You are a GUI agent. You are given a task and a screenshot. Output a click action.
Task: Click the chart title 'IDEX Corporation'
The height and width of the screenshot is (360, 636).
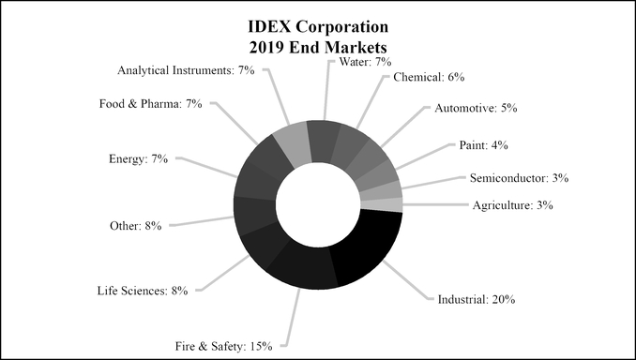pyautogui.click(x=318, y=24)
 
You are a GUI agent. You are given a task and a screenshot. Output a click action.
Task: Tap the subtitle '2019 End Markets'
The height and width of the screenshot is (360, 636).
pyautogui.click(x=318, y=44)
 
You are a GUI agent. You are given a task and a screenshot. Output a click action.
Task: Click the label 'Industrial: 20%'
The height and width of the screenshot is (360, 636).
pyautogui.click(x=477, y=300)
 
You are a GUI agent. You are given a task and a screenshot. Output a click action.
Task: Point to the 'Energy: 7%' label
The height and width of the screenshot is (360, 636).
pyautogui.click(x=138, y=158)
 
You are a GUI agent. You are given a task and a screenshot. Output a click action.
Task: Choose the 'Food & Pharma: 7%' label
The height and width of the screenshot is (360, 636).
pyautogui.click(x=151, y=103)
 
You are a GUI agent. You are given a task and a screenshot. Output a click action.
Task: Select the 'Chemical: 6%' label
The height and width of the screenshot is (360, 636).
pyautogui.click(x=429, y=77)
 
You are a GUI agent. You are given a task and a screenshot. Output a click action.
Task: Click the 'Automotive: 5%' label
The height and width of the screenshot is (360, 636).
pyautogui.click(x=477, y=109)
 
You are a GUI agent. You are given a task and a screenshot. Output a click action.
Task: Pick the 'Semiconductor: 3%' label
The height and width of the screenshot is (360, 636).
pyautogui.click(x=520, y=177)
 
